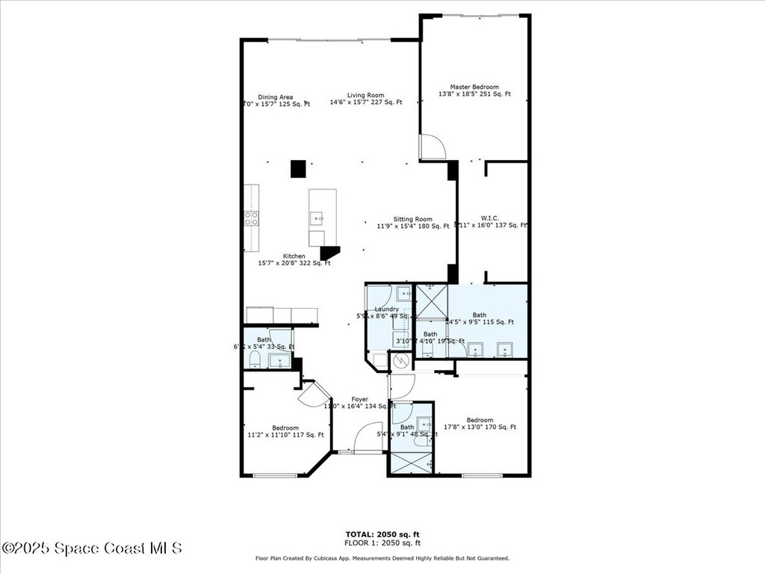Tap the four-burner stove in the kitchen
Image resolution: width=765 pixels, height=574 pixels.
(x=252, y=218)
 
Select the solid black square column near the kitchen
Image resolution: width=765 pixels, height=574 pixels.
(x=298, y=169)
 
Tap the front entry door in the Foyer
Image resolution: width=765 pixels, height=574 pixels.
(x=368, y=438)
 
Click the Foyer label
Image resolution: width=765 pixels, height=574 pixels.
(x=360, y=400)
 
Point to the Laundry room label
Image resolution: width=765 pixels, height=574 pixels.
(x=386, y=309)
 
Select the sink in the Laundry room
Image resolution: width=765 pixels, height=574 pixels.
(x=403, y=292)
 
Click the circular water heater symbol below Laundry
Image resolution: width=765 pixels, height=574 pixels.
(x=401, y=362)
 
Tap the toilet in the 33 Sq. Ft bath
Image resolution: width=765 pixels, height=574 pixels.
(x=254, y=360)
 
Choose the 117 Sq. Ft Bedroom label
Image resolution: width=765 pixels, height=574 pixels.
(x=285, y=431)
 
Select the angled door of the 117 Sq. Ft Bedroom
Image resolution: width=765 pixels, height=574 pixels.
(x=312, y=393)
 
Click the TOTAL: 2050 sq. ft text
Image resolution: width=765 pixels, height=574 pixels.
(x=382, y=534)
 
